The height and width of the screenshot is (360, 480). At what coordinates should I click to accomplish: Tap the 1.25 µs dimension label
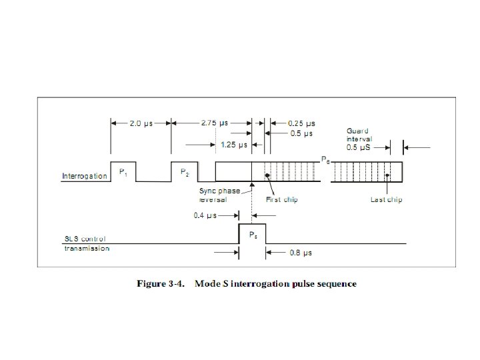(233, 144)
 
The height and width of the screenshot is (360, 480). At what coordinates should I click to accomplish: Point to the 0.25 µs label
(301, 123)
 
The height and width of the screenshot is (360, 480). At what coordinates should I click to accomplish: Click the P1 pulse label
(123, 172)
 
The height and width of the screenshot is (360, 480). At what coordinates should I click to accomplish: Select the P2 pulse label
(185, 172)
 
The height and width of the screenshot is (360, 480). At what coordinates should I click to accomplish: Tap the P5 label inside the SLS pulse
(253, 235)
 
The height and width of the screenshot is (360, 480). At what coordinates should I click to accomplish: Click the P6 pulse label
(325, 160)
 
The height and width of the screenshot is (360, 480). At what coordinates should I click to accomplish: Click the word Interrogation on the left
(84, 177)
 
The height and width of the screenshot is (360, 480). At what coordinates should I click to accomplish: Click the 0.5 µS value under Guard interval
(360, 146)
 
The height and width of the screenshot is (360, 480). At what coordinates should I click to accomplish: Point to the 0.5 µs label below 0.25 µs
(301, 133)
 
